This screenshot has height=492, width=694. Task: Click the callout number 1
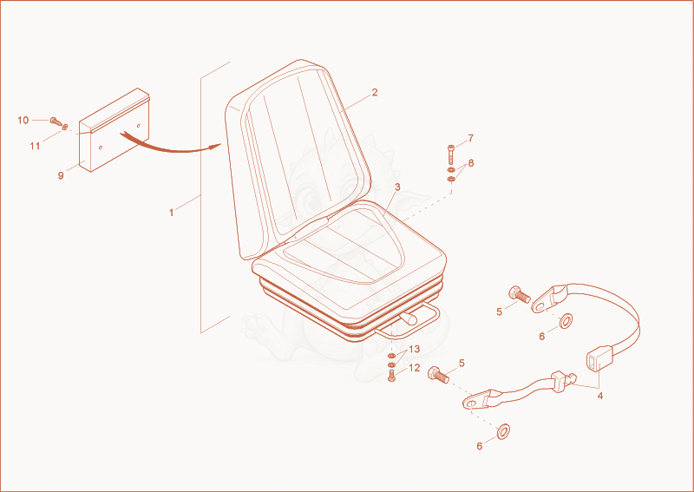171,213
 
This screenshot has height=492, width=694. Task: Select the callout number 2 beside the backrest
375,93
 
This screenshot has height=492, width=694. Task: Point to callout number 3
397,187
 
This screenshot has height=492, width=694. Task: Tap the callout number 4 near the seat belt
599,396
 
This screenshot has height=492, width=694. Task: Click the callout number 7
470,138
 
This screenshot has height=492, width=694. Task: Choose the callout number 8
471,163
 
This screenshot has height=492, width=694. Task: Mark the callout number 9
61,175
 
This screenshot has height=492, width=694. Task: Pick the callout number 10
23,120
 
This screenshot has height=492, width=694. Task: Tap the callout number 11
35,146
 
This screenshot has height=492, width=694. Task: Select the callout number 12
415,368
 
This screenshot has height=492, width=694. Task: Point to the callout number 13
415,350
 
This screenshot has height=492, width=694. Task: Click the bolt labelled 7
450,154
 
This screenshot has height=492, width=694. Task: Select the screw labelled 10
56,121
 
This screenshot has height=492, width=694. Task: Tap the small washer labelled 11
65,128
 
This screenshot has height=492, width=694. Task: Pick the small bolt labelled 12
391,376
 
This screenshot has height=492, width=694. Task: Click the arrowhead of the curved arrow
216,147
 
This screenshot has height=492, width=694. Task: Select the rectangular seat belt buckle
594,358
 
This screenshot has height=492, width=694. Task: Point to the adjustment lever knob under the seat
409,317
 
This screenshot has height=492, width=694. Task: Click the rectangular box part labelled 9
115,130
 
